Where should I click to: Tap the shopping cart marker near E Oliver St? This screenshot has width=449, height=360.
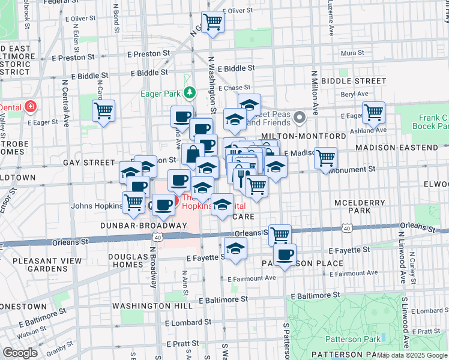212,23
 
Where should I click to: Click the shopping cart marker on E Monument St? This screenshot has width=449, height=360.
325,158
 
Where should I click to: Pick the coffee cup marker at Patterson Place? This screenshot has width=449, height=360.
285,254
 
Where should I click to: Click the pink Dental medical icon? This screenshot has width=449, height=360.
29,107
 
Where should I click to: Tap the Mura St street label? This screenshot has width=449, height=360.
348,53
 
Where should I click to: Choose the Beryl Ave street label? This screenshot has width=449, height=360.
354,94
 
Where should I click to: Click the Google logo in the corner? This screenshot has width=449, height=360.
21,353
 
